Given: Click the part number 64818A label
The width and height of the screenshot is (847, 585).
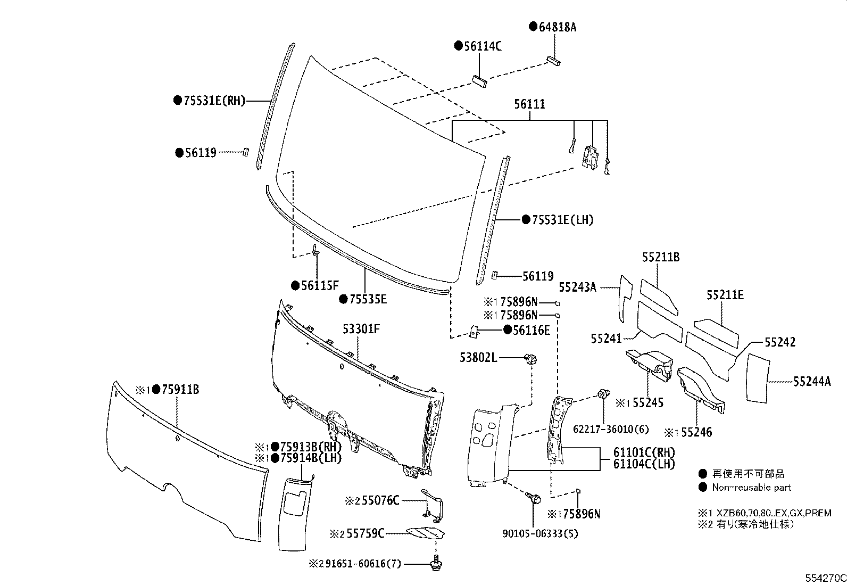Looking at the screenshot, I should point(557,27).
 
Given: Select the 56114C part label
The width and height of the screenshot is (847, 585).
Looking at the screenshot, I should point(482,46).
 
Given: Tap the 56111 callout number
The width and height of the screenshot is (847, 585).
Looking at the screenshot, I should point(529,104).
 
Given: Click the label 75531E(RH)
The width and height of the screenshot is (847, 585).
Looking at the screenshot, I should point(214,100).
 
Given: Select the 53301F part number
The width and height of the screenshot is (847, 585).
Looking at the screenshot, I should point(361,329).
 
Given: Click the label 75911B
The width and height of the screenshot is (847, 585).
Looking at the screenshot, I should point(180,390).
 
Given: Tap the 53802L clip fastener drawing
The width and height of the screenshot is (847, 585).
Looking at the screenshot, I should point(531,359).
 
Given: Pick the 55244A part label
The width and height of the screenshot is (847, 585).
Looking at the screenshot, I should point(811,381).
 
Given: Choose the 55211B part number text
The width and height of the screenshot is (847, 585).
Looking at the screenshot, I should point(660,257).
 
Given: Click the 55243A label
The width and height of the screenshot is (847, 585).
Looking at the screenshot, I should point(577,287).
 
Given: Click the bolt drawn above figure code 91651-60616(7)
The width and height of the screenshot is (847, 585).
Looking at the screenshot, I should point(436,562).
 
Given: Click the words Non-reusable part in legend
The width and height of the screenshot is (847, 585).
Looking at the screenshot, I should point(751,487).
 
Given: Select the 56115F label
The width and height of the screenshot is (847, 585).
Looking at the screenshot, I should point(319,285).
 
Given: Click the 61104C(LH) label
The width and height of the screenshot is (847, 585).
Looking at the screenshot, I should point(644,464).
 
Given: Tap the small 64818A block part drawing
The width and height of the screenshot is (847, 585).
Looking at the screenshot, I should point(553,60).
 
